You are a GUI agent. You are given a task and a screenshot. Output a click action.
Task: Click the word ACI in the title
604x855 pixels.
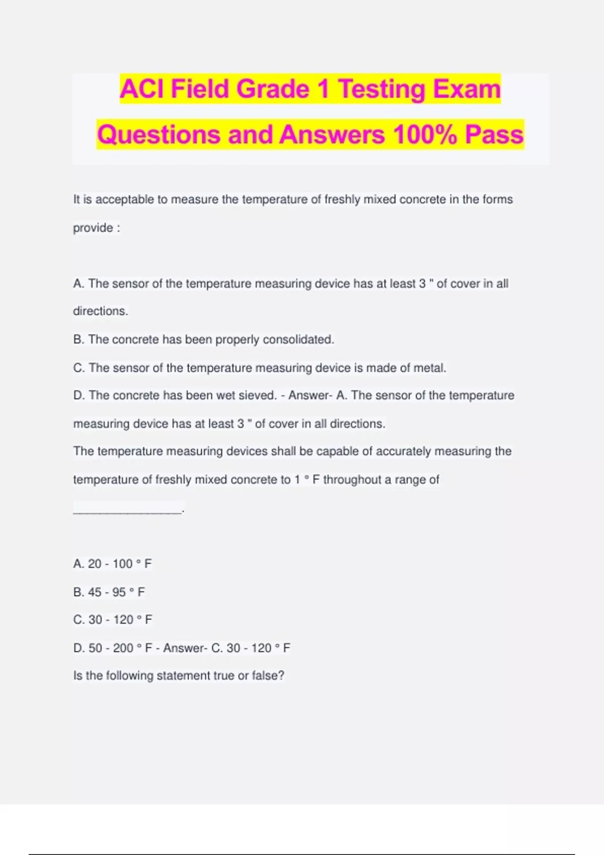142,89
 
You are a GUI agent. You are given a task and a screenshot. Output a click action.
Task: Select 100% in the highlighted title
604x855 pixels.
425,135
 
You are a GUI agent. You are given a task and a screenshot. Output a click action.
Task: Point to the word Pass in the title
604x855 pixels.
494,135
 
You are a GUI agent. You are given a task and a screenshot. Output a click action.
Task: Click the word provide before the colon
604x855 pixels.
93,228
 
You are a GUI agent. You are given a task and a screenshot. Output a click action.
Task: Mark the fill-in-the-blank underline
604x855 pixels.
127,512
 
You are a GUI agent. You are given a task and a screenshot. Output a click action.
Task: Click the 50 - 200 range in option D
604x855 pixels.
111,648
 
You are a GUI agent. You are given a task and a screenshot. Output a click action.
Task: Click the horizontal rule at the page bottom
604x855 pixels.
302,854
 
